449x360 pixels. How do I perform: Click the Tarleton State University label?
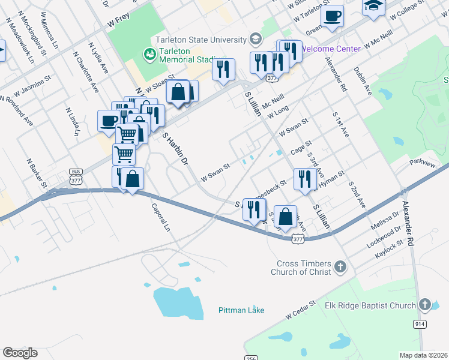pos(200,40)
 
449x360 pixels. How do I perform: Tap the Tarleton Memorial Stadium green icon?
pos(149,55)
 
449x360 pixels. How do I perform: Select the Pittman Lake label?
pos(241,310)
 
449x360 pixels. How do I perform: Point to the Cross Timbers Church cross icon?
pos(340,266)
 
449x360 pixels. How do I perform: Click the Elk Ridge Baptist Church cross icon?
pos(425,305)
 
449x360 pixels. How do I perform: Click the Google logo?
pos(20,353)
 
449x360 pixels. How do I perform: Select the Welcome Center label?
pos(331,49)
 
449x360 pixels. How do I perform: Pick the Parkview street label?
pos(423,163)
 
